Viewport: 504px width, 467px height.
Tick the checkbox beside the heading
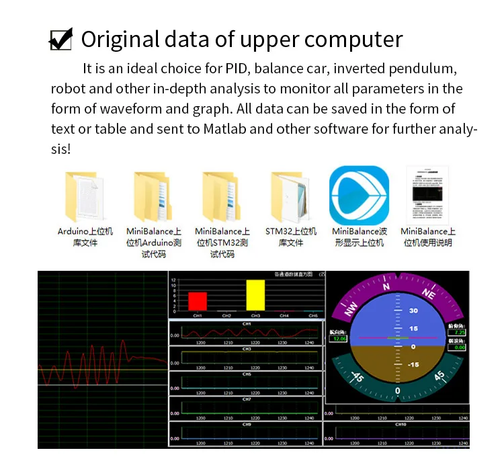(x=60, y=40)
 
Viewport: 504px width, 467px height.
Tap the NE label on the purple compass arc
(x=429, y=294)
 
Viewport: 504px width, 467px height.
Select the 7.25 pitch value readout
(x=459, y=332)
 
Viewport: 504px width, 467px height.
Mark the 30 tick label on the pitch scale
(x=413, y=310)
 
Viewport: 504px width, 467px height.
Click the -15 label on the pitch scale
(x=413, y=364)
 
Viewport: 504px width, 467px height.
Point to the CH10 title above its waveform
(x=401, y=424)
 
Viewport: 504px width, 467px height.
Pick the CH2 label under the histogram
(x=226, y=315)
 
